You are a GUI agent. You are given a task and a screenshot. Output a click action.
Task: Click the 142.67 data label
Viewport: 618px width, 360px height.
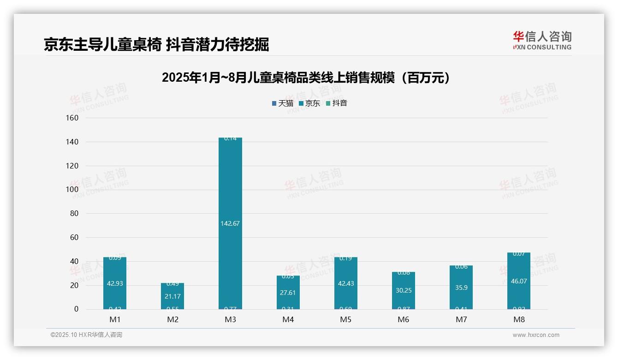pos(230,223)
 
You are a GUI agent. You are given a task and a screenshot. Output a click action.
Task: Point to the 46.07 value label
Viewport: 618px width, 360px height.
pos(518,281)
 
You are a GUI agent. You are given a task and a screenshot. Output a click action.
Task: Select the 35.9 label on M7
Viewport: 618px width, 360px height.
pos(461,288)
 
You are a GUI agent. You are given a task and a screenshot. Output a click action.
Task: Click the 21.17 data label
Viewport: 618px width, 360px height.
pos(172,296)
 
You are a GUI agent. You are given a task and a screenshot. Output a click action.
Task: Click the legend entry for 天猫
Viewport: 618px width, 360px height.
pos(282,103)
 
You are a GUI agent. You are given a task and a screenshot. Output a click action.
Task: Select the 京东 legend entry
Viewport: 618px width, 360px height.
pos(309,103)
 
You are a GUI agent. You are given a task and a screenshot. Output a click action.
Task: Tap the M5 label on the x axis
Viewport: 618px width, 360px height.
pos(345,319)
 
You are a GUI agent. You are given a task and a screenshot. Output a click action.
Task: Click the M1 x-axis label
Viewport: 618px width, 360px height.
pos(114,319)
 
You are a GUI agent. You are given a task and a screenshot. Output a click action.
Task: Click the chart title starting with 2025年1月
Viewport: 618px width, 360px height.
pos(306,78)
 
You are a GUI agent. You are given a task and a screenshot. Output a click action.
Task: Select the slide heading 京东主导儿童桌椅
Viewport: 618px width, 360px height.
pos(156,45)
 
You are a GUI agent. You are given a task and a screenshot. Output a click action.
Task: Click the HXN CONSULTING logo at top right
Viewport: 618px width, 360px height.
pos(542,41)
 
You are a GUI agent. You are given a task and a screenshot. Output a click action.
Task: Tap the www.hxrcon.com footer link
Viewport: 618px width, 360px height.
pos(536,335)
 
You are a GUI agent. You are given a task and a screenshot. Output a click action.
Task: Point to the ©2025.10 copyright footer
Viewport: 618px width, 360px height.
pos(86,335)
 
